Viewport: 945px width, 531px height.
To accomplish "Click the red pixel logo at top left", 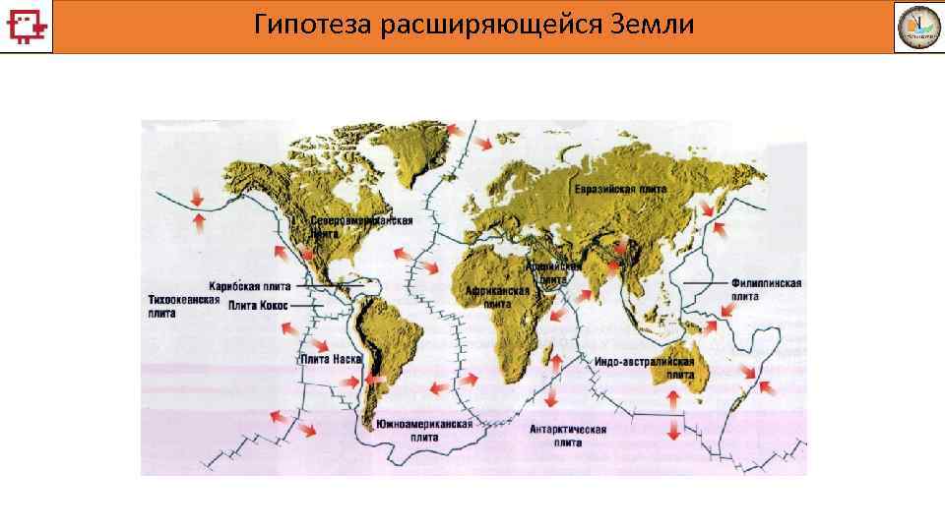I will point(27,26).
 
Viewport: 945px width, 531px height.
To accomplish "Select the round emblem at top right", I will point(916,27).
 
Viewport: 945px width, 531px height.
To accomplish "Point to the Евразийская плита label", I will point(620,189).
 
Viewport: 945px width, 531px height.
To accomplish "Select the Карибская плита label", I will point(249,286).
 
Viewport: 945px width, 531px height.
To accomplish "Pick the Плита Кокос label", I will point(258,306).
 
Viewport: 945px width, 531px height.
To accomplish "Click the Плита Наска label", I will point(332,360).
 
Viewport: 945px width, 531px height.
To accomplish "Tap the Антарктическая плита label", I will point(568,436).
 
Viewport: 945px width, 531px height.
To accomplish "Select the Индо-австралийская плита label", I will point(645,368).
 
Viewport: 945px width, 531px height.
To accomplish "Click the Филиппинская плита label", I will point(766,289).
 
